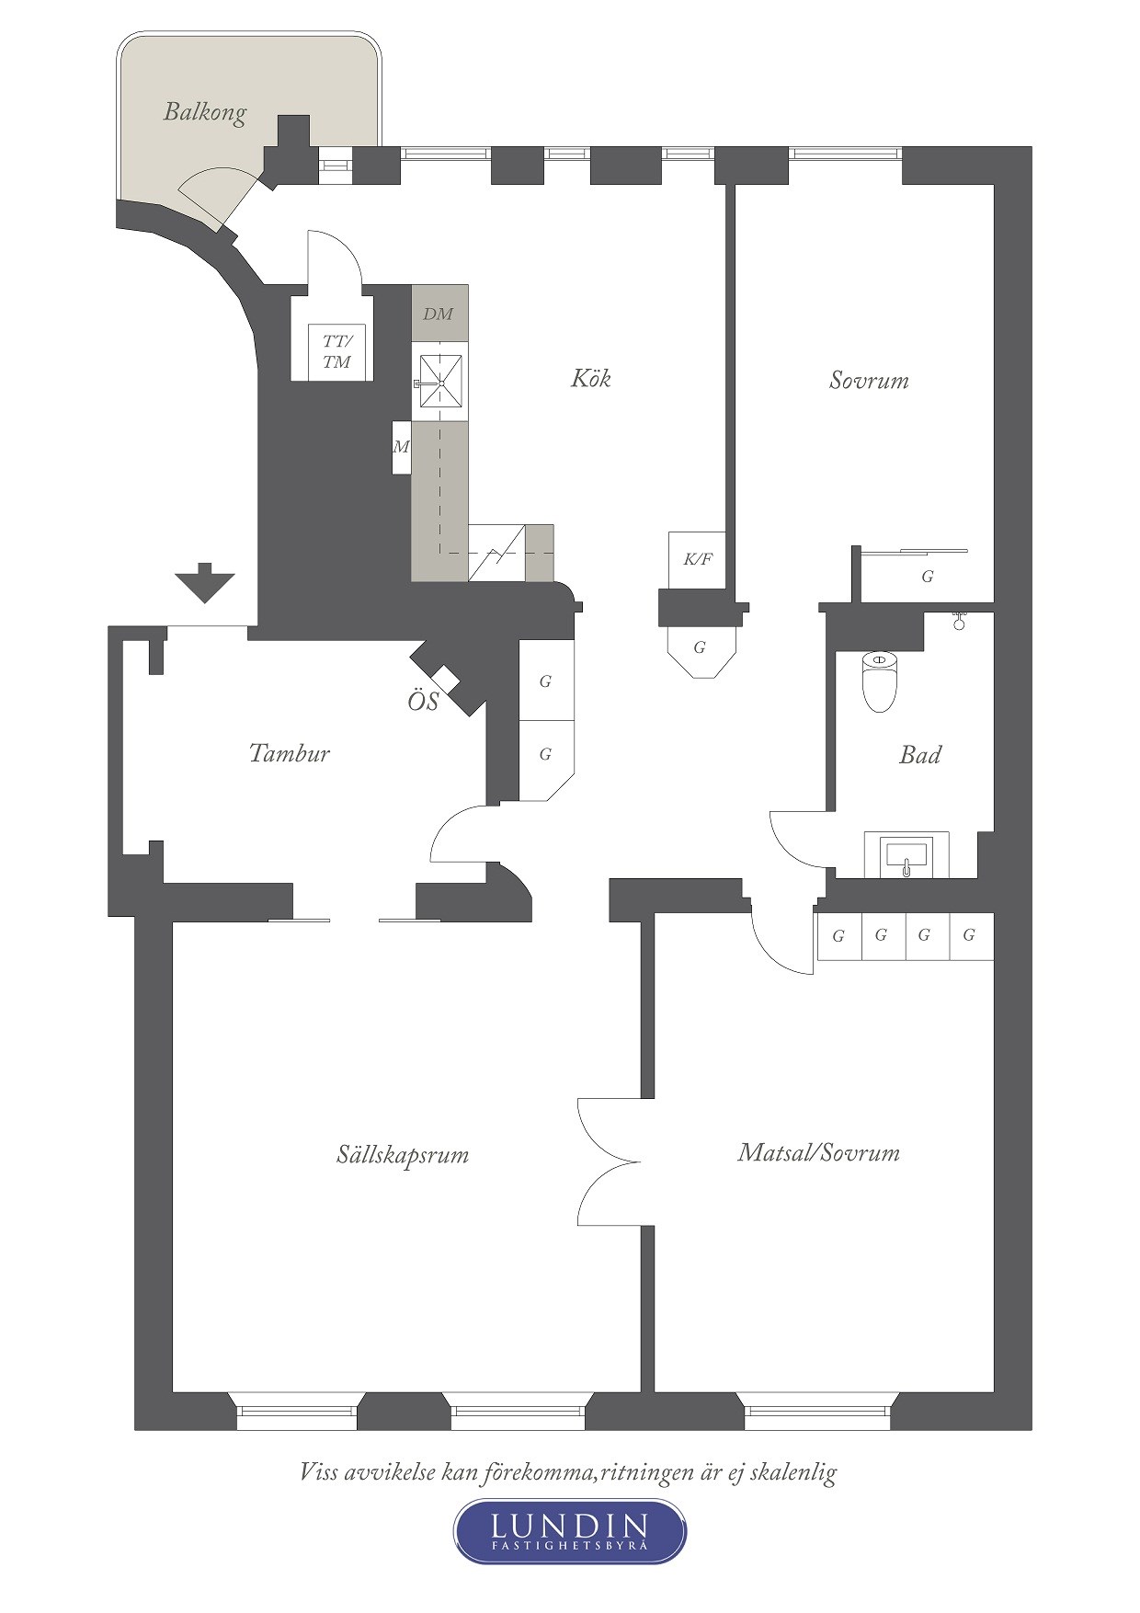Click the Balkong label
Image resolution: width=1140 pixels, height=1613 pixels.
click(x=205, y=113)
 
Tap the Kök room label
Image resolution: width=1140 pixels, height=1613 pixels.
click(x=590, y=378)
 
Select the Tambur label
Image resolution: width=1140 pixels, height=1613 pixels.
click(x=289, y=753)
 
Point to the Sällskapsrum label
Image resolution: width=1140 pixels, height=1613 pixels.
click(x=403, y=1155)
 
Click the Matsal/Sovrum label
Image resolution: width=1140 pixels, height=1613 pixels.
click(x=818, y=1153)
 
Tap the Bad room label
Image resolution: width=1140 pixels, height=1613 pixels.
click(x=919, y=755)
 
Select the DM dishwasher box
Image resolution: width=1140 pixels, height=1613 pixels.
click(x=439, y=314)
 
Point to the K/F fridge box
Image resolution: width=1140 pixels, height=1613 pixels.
click(x=697, y=559)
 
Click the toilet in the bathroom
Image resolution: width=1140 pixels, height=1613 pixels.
click(x=879, y=681)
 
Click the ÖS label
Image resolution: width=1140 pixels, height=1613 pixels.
click(x=423, y=702)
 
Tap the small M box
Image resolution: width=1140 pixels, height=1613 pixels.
click(x=401, y=448)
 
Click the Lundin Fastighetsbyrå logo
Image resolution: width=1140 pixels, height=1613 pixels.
click(x=570, y=1531)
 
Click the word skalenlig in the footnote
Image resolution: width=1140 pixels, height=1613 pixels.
click(x=793, y=1472)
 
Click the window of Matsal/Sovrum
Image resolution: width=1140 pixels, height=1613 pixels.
click(x=817, y=1411)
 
